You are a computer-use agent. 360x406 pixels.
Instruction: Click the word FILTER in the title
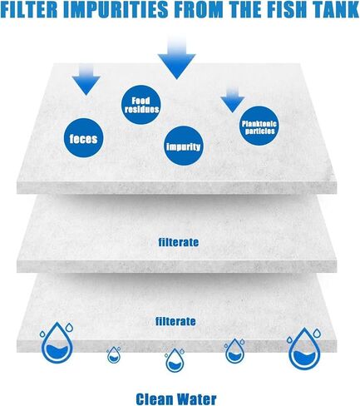click(x=30, y=10)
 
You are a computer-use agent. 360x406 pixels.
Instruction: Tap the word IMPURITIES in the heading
click(x=116, y=10)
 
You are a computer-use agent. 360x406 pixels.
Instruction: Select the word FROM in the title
click(x=198, y=10)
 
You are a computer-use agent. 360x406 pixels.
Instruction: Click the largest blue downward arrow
click(x=176, y=58)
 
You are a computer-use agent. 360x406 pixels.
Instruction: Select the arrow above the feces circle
click(x=86, y=79)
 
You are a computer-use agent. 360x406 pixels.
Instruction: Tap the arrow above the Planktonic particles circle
click(x=233, y=99)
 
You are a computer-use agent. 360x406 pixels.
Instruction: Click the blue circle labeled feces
click(x=84, y=138)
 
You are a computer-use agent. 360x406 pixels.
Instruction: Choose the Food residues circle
click(x=141, y=105)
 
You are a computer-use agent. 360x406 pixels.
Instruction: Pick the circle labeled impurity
click(x=183, y=146)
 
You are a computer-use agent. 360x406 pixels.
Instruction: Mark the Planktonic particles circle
click(x=259, y=126)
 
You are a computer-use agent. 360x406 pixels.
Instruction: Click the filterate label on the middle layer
click(x=179, y=242)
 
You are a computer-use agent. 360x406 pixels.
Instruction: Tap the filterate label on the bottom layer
click(x=175, y=321)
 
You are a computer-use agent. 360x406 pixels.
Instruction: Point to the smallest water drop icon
click(x=114, y=355)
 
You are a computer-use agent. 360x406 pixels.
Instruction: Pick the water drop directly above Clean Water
click(x=175, y=360)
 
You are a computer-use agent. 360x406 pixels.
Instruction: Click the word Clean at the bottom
click(x=155, y=399)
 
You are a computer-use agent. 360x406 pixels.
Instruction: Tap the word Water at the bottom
click(x=196, y=399)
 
